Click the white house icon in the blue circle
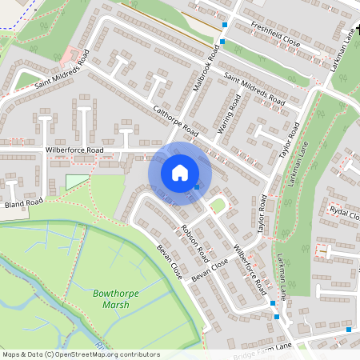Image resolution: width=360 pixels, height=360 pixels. (180, 173)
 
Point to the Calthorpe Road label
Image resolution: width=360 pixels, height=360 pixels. (174, 119)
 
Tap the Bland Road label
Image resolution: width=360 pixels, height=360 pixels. (23, 203)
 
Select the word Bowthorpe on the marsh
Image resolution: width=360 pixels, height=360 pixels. (115, 294)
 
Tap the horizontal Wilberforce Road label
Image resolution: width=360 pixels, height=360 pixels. (74, 150)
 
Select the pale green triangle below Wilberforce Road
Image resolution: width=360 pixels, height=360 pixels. (75, 181)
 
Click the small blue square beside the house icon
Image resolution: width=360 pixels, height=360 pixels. (198, 187)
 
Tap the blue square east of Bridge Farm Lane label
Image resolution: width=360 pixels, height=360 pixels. (349, 329)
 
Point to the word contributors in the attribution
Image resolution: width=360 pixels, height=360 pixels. (141, 354)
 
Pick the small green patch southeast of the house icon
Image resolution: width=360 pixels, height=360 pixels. (217, 206)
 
